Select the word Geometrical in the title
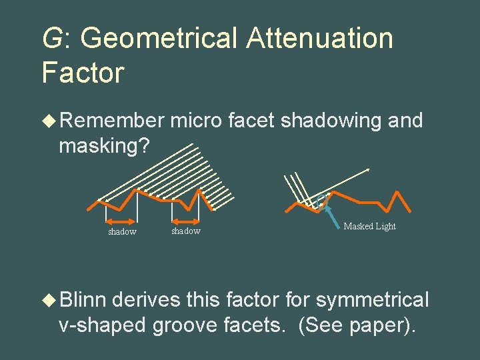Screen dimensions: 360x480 tap(159, 38)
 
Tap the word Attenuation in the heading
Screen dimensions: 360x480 tap(319, 38)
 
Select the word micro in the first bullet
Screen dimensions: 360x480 tap(195, 121)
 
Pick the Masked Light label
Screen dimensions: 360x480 tap(369, 227)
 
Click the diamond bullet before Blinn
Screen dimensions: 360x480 tap(49, 301)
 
